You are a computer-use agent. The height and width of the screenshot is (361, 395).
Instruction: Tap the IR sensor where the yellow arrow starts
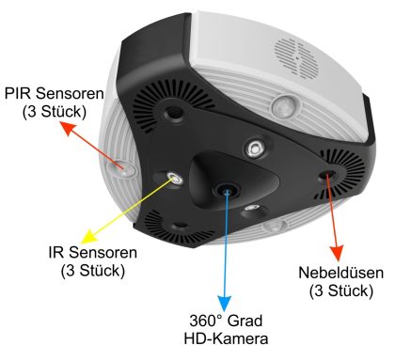(173, 178)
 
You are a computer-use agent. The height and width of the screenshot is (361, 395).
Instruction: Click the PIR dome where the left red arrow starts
(123, 165)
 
